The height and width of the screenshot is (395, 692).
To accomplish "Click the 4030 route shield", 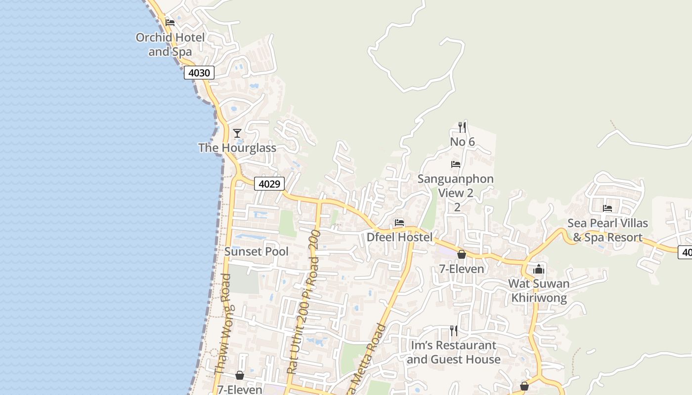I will point(199,73).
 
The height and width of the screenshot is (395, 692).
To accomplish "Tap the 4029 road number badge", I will point(270,184).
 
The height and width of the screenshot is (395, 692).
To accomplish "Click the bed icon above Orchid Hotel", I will point(170,22).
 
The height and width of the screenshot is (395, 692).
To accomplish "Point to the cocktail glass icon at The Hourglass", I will point(237,133).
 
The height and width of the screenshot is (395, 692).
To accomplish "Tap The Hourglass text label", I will point(237,148).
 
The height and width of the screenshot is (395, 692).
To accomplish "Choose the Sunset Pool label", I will point(256,251).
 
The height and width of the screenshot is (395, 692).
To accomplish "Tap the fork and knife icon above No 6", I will point(462,127).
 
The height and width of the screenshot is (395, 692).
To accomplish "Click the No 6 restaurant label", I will point(462,142).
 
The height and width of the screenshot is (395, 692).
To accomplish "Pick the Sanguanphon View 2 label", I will point(456,186).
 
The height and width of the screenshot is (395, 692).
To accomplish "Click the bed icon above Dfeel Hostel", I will point(399,223).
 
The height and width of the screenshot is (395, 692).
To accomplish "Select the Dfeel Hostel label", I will point(399,237).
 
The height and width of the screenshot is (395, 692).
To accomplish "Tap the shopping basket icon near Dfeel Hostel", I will point(462,254).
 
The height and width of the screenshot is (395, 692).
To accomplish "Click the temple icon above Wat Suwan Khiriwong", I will point(539,269).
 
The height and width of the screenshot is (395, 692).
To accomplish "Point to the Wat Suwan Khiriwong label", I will point(539,291).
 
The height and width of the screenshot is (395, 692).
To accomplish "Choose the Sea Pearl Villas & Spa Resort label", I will point(607,230).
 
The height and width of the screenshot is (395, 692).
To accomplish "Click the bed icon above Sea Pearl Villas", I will point(607,208).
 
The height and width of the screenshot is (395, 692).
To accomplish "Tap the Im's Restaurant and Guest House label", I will point(453,352).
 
